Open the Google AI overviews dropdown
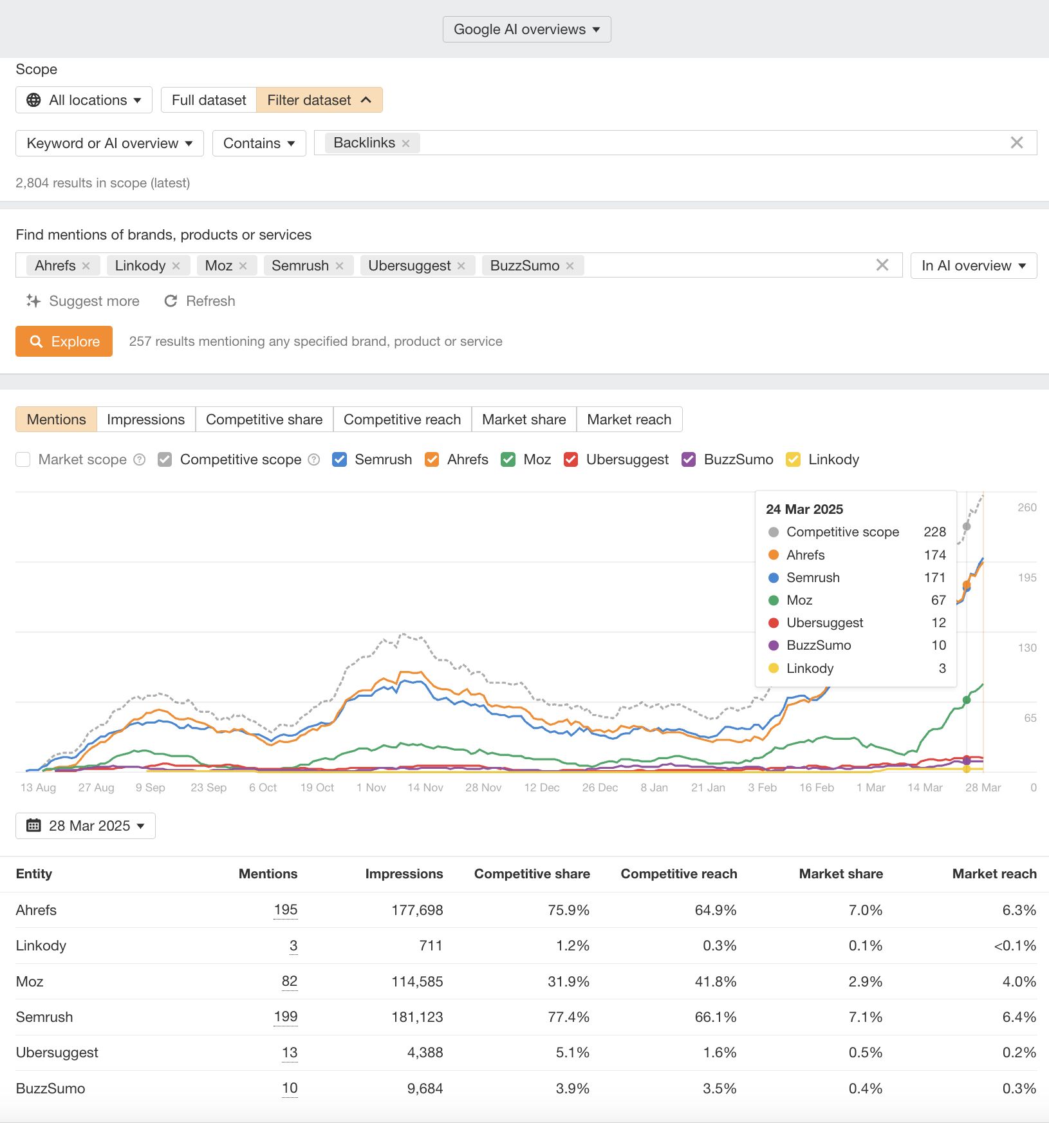(x=526, y=30)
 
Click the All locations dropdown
(x=84, y=100)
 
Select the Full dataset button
(x=209, y=100)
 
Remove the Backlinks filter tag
(x=405, y=144)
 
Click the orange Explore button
(x=64, y=341)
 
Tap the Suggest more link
(x=83, y=301)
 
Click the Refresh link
(x=200, y=301)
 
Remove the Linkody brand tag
(x=176, y=266)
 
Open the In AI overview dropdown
(x=973, y=266)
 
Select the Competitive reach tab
(x=402, y=420)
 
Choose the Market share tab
(x=523, y=420)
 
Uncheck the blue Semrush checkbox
(x=340, y=460)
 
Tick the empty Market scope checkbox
(x=23, y=460)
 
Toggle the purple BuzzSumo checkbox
(x=689, y=460)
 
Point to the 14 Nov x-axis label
(x=425, y=788)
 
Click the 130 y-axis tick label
(x=1026, y=648)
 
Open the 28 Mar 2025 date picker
(x=86, y=826)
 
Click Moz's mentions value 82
(x=289, y=981)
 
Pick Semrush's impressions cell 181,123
(x=417, y=1017)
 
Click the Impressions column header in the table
(x=404, y=874)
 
